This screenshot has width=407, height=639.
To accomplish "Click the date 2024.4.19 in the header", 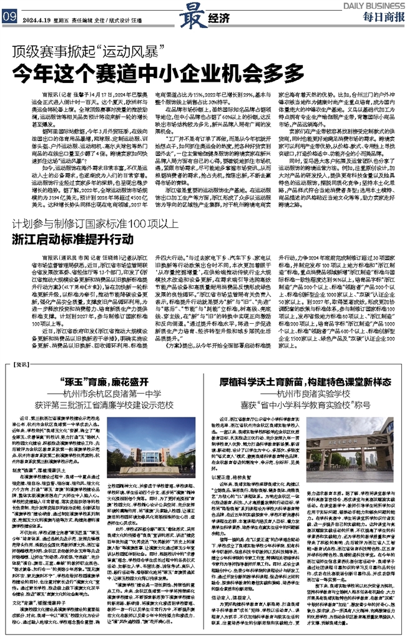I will coord(37,18).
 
